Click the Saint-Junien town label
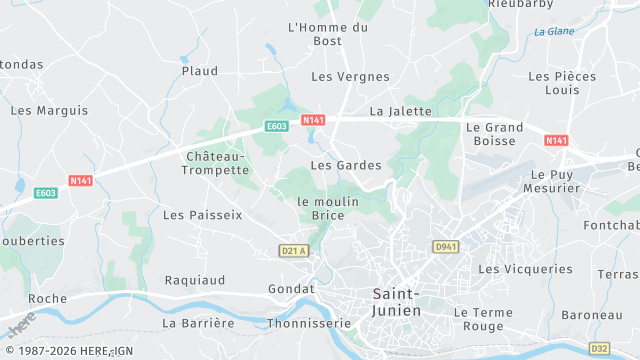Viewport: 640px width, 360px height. pos(397,302)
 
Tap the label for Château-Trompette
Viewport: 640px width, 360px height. pos(216,163)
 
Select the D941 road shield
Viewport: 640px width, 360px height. pos(445,246)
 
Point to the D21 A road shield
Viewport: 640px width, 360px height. pos(292,250)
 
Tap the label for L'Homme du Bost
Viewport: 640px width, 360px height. pos(327,34)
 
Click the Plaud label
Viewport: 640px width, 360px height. pos(200,71)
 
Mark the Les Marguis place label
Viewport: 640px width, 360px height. pos(49,110)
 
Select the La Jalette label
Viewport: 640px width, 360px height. pos(400,111)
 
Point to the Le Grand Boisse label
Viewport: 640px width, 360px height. pos(495,135)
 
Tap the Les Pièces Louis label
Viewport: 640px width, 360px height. pos(562,83)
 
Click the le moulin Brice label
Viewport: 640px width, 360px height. pos(328,208)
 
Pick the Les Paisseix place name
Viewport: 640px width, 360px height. pos(203,214)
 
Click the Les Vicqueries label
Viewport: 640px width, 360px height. pos(526,269)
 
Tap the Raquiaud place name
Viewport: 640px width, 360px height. pos(195,280)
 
